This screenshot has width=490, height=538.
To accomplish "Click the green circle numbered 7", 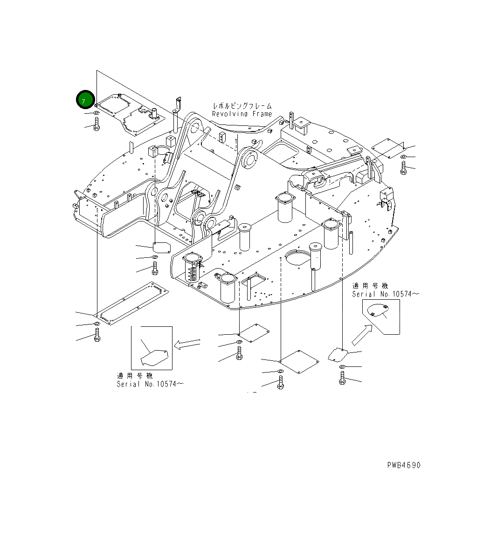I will [85, 99].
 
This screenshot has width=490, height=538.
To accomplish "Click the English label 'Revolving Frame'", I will [242, 114].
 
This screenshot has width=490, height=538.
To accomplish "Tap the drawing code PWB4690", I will [403, 465].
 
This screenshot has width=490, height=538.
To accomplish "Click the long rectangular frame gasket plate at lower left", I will [132, 303].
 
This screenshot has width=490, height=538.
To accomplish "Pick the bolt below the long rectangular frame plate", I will [97, 335].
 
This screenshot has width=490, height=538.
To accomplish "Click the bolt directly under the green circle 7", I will [97, 124].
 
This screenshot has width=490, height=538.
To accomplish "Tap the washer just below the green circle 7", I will [96, 113].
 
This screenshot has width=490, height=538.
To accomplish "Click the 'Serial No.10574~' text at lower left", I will [150, 384].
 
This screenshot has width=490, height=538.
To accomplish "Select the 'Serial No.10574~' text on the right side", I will [385, 294].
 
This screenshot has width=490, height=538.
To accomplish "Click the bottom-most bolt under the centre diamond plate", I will [280, 383].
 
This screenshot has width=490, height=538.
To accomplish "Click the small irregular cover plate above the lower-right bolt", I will [338, 354].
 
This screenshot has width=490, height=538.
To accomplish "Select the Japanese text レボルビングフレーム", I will [242, 106].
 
